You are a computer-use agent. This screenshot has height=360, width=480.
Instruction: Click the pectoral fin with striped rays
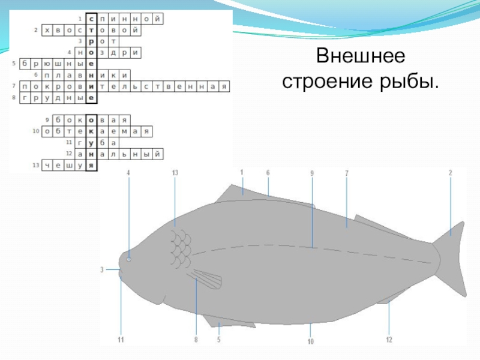(206, 280)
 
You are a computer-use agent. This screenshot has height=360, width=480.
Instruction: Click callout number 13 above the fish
(175, 173)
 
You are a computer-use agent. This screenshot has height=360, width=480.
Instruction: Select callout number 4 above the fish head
(128, 173)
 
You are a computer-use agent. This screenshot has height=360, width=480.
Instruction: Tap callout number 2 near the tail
(450, 173)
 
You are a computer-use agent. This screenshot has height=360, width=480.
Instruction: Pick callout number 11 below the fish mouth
(121, 340)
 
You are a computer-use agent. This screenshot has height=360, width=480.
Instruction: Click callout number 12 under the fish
(389, 340)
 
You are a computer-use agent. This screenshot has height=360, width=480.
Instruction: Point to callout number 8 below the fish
(196, 340)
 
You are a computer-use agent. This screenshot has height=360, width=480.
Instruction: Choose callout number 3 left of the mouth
(102, 270)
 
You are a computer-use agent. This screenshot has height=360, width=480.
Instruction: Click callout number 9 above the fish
(312, 173)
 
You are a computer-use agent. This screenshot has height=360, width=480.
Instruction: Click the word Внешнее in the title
(361, 57)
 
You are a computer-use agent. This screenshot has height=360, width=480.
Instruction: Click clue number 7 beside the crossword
(13, 86)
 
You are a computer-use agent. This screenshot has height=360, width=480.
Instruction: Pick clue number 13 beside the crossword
(35, 164)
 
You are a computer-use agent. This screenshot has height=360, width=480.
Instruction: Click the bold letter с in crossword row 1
(91, 19)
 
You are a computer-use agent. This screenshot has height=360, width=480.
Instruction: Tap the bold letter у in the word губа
(91, 143)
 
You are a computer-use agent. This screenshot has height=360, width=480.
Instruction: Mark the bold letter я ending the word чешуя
(91, 165)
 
